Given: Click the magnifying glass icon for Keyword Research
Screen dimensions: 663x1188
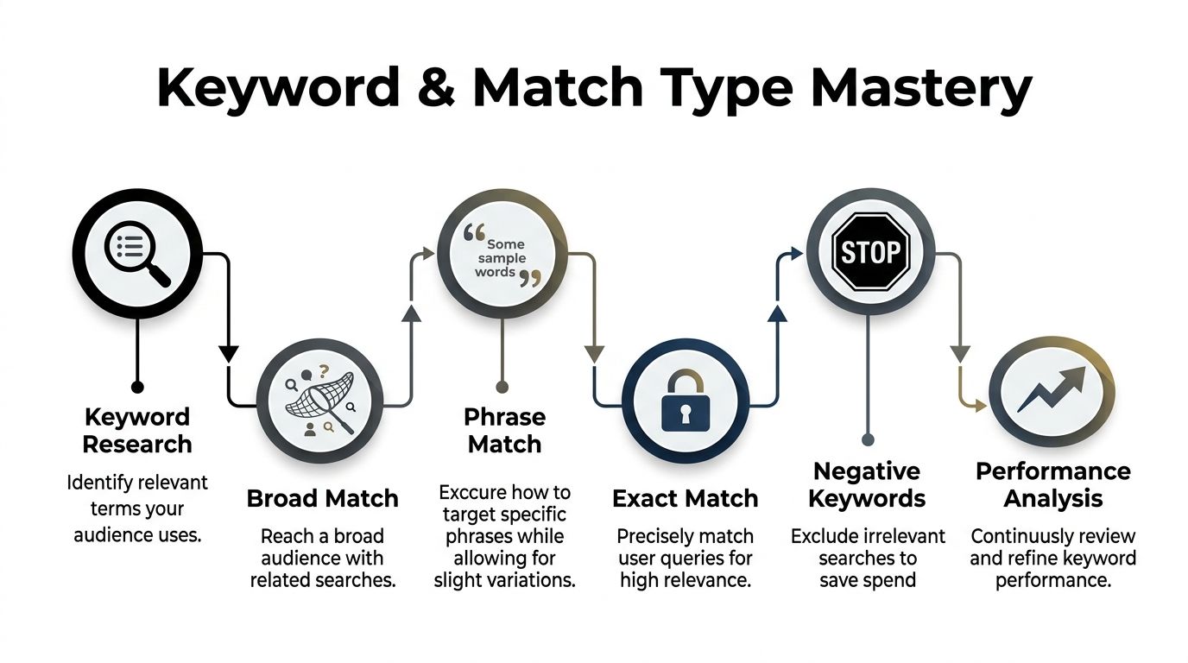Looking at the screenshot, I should click(x=136, y=253).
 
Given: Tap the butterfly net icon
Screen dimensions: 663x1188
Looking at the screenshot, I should click(x=320, y=403).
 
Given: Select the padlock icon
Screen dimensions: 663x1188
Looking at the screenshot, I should click(x=685, y=402).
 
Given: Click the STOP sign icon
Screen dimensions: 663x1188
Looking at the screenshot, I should click(x=870, y=253).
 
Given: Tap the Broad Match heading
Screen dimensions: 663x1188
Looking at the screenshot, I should click(x=322, y=498).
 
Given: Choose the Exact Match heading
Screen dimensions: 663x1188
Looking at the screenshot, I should click(x=685, y=498).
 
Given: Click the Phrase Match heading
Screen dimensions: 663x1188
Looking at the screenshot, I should click(x=503, y=431).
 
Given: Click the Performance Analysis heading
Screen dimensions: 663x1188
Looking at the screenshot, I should click(x=1052, y=484).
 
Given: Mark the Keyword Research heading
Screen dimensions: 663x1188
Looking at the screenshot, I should click(x=136, y=431).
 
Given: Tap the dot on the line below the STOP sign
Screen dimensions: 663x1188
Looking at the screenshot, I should click(x=869, y=439).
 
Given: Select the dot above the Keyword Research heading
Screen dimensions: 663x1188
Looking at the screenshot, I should click(x=136, y=387).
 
